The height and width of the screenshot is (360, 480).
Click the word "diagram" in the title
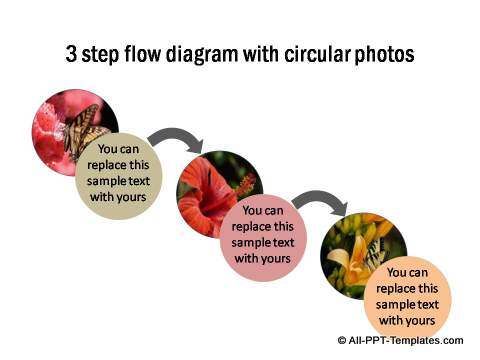click(x=190, y=55)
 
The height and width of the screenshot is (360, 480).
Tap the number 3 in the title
click(x=71, y=55)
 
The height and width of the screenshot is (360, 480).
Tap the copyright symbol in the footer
click(x=342, y=342)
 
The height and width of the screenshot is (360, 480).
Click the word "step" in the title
click(x=100, y=56)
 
